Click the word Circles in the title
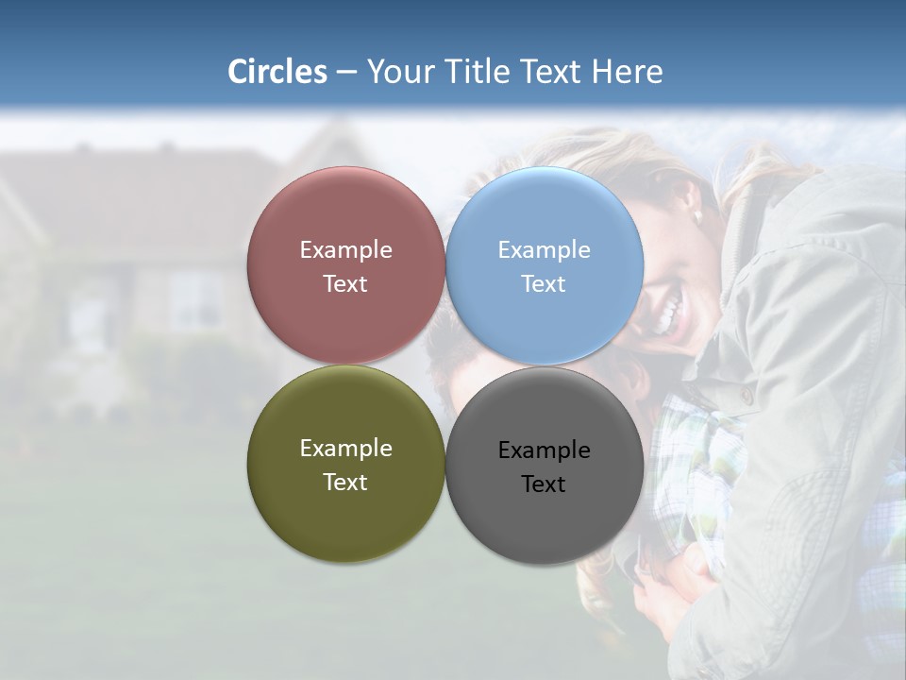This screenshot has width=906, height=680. click(277, 72)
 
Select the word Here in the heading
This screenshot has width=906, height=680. click(627, 72)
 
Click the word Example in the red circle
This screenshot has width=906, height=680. click(345, 250)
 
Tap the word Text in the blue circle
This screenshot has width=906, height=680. click(544, 284)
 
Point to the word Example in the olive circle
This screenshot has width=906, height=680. click(345, 449)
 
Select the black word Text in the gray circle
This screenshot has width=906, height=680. click(544, 484)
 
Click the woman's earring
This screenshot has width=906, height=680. click(698, 216)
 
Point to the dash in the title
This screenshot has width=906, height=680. click(346, 72)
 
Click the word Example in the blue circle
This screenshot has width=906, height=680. click(544, 250)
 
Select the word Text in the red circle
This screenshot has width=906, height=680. click(345, 284)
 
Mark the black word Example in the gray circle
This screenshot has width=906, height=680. click(544, 450)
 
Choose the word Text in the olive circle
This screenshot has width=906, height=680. click(345, 483)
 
